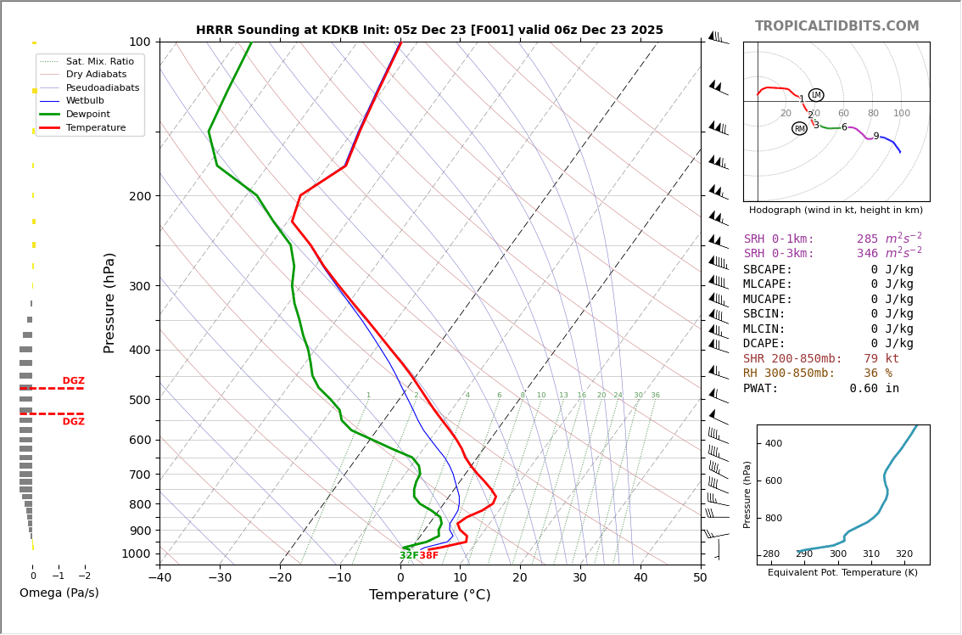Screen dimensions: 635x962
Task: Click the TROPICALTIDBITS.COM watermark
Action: click(836, 26)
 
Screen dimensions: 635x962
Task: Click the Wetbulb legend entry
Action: click(90, 100)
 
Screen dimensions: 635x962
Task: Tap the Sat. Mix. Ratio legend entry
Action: click(99, 61)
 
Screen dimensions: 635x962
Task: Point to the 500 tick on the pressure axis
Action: click(140, 400)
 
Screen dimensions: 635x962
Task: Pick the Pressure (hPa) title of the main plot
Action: click(109, 302)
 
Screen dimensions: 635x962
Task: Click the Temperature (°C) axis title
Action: click(429, 595)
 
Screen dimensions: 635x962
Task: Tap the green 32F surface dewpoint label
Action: click(409, 556)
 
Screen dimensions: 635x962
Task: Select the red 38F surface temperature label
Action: click(429, 556)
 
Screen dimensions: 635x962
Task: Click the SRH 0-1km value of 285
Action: click(867, 239)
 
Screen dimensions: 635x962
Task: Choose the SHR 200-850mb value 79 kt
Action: click(881, 359)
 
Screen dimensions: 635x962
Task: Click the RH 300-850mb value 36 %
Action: click(878, 374)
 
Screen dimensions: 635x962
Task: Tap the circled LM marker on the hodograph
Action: click(816, 95)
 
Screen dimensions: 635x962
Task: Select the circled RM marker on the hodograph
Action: click(799, 128)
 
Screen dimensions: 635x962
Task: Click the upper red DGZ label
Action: click(73, 381)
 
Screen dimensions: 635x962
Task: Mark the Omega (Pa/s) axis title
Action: click(59, 593)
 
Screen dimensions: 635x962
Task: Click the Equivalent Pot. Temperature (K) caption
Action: click(842, 573)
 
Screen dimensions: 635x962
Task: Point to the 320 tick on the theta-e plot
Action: click(904, 554)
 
